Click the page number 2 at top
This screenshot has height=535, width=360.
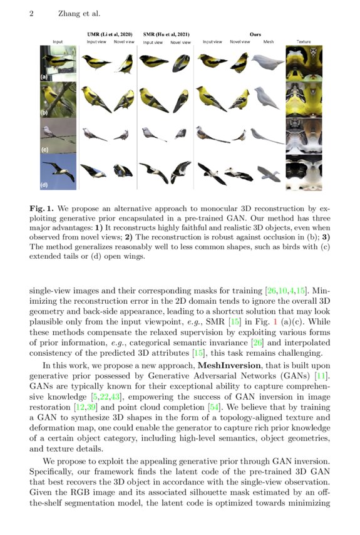pos(31,13)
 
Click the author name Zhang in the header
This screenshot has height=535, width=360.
pos(69,13)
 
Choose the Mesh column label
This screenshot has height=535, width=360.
pos(269,42)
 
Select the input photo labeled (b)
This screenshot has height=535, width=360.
pos(58,99)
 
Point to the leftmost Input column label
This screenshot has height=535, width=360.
pos(58,42)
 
